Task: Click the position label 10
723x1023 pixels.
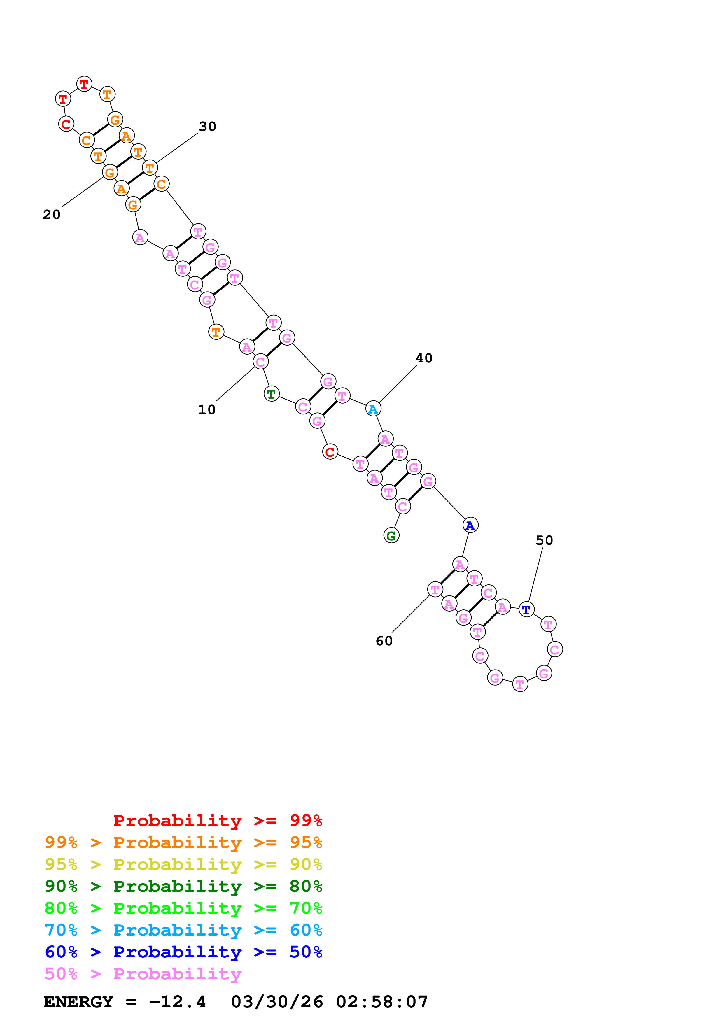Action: pyautogui.click(x=207, y=409)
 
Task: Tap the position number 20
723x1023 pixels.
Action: pyautogui.click(x=52, y=214)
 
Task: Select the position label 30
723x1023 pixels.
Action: pyautogui.click(x=208, y=127)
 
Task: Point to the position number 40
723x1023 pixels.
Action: pyautogui.click(x=424, y=358)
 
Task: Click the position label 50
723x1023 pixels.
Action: pyautogui.click(x=545, y=540)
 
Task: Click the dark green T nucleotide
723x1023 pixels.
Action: pyautogui.click(x=271, y=394)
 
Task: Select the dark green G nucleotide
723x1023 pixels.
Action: pyautogui.click(x=391, y=536)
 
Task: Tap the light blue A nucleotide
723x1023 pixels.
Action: pyautogui.click(x=373, y=409)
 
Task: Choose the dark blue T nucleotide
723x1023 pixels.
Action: pyautogui.click(x=526, y=609)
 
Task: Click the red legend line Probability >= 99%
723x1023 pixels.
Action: pyautogui.click(x=217, y=821)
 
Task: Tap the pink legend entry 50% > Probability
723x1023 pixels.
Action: pyautogui.click(x=143, y=974)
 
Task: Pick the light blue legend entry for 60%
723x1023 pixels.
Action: pyautogui.click(x=183, y=930)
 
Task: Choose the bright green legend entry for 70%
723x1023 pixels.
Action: pyautogui.click(x=183, y=908)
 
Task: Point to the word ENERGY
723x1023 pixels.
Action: pyautogui.click(x=78, y=1002)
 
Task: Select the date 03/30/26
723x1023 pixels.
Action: pyautogui.click(x=277, y=1002)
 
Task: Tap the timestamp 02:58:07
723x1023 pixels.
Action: pyautogui.click(x=382, y=1002)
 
